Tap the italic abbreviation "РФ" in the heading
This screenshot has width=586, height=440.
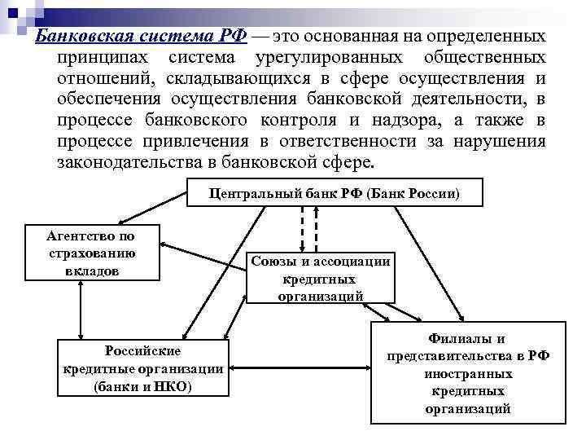pyautogui.click(x=230, y=36)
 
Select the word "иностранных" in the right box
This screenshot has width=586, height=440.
pyautogui.click(x=467, y=374)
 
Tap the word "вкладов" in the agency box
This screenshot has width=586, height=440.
pyautogui.click(x=92, y=271)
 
